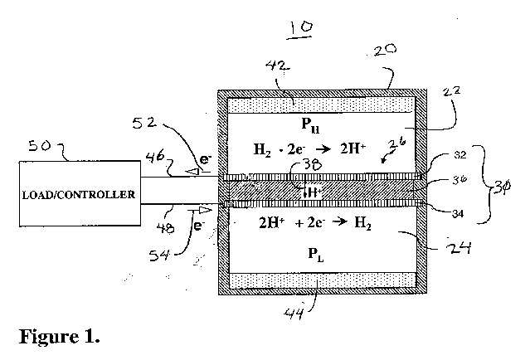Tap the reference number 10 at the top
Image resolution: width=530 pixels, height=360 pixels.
point(299,29)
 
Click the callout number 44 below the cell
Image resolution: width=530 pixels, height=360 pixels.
point(294,313)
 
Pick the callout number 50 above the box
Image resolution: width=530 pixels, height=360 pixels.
point(40,146)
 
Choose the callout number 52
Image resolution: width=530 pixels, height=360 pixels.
point(144,123)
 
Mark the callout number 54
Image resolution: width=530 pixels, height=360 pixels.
point(159,255)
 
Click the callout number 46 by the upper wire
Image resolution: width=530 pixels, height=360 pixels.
point(155,157)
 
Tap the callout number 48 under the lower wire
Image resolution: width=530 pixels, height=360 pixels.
point(166,228)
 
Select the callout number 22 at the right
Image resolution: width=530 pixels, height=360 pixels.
point(452,91)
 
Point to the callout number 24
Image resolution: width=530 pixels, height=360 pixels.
point(459,249)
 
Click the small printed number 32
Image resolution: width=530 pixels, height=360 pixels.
point(459,154)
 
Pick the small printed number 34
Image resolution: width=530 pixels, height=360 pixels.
point(458,214)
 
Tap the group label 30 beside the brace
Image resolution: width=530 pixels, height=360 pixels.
point(502,187)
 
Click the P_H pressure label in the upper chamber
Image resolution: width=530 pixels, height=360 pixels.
point(310,125)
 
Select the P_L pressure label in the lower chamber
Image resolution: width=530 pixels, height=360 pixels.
point(316,254)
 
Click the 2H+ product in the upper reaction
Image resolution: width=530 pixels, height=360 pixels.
point(353,148)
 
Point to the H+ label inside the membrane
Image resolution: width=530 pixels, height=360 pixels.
point(315,192)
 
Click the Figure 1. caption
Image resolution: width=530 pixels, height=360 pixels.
point(60,336)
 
